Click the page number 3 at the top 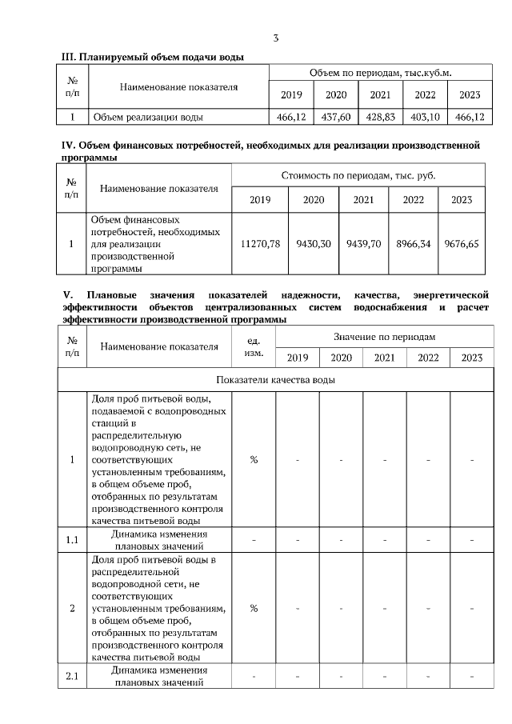tap(276, 38)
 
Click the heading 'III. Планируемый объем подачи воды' tap(153, 57)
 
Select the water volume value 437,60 tap(336, 117)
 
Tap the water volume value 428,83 tap(380, 117)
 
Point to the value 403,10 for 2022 tap(425, 117)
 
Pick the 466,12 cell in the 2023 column tap(470, 117)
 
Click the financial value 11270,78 tap(260, 244)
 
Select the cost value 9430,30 tap(314, 244)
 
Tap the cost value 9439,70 tap(366, 244)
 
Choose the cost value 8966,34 tap(414, 244)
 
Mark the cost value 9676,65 tap(462, 244)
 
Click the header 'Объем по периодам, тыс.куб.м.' tap(380, 73)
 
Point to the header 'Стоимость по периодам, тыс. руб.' tap(358, 174)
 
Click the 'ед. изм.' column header tap(254, 346)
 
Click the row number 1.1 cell tap(72, 540)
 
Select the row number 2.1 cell tap(72, 677)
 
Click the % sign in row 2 tap(254, 608)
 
